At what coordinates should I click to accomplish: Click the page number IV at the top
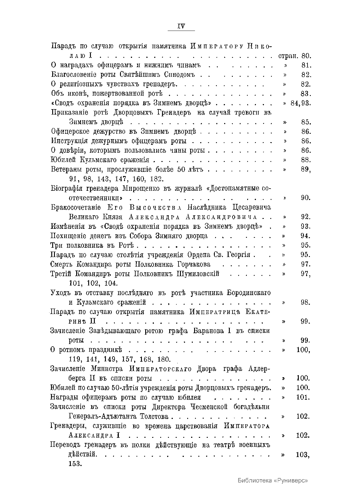click(x=181, y=26)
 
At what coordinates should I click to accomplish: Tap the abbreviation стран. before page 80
click(x=285, y=56)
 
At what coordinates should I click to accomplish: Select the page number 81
click(x=306, y=65)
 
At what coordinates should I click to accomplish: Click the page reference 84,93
click(x=301, y=103)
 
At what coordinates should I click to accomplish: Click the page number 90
click(x=306, y=198)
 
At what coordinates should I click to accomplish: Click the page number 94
click(x=306, y=236)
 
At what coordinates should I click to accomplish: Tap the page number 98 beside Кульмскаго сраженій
click(x=306, y=302)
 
